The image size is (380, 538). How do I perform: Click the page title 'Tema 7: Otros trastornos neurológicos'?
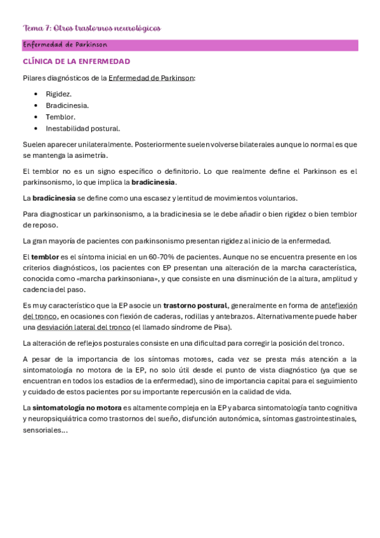[x=91, y=29]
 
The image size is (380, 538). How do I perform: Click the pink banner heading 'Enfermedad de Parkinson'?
[x=65, y=45]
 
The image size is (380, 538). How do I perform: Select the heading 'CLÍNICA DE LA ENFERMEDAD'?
[x=76, y=62]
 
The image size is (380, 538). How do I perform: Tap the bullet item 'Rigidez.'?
[x=59, y=94]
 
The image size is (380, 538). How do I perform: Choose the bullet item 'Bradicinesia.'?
[x=67, y=105]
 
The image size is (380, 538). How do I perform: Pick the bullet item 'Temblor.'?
[x=60, y=117]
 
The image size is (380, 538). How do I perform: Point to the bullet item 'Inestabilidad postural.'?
[x=82, y=128]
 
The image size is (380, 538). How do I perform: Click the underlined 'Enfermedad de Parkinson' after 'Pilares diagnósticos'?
[x=151, y=78]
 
